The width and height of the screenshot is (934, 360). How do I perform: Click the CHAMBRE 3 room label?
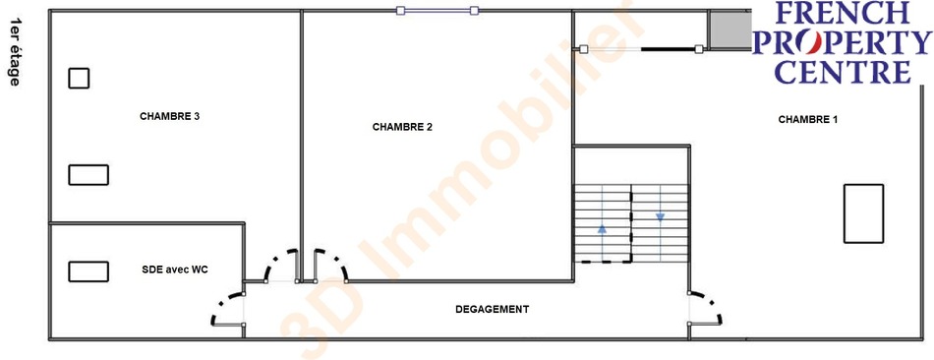pos(169,116)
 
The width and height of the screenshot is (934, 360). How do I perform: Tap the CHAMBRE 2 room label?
pos(402,127)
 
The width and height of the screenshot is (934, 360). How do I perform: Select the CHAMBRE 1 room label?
pos(808,119)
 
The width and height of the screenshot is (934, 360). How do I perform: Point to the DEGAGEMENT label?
pos(492,309)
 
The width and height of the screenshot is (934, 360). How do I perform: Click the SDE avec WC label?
pos(175,270)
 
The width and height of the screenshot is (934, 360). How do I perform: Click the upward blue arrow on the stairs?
pos(602,228)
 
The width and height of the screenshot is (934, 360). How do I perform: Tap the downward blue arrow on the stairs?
pos(660,217)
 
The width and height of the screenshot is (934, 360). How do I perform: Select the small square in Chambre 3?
pos(79,78)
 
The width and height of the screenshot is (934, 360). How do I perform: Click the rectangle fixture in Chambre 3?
pos(88,175)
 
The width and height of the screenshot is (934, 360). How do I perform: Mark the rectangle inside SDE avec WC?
pos(88,271)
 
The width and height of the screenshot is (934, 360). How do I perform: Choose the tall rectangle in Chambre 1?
pos(863,213)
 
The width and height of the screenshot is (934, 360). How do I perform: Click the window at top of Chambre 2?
pos(438,10)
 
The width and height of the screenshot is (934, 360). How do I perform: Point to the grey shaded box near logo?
pos(730,30)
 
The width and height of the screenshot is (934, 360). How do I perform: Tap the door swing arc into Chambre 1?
pos(710,302)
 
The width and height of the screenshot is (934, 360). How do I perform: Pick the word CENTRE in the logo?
pos(842,72)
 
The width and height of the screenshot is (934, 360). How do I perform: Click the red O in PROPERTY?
pos(811,42)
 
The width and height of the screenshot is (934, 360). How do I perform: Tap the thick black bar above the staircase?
pos(669,49)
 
